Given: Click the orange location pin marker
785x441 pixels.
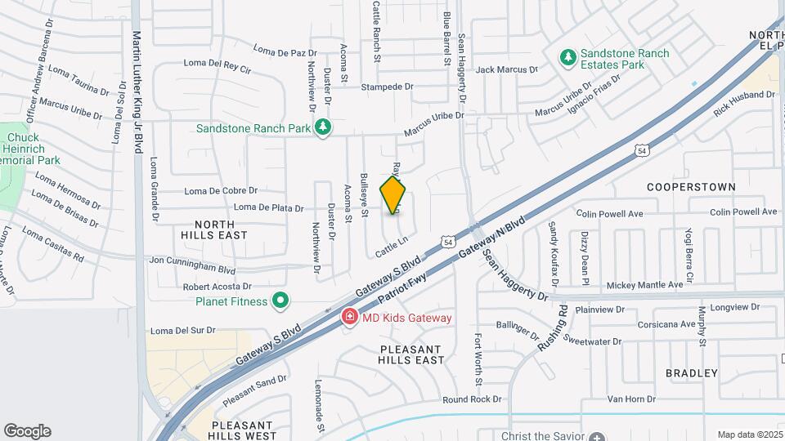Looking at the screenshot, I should click(x=393, y=194).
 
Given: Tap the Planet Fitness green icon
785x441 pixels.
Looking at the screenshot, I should click(x=280, y=301).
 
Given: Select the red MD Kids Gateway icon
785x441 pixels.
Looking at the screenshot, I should click(x=349, y=317).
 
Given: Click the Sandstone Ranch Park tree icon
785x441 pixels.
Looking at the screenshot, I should click(x=325, y=127).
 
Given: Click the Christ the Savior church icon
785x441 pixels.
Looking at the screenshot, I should click(x=598, y=436).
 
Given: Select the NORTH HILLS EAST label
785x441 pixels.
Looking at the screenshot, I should click(x=214, y=229).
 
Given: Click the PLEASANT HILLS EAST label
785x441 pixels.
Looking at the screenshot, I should click(x=411, y=354).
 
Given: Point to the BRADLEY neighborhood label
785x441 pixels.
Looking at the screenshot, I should click(x=691, y=373).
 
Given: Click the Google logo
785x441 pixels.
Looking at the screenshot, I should click(x=28, y=430).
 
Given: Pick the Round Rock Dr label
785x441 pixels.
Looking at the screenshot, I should click(x=471, y=399).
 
